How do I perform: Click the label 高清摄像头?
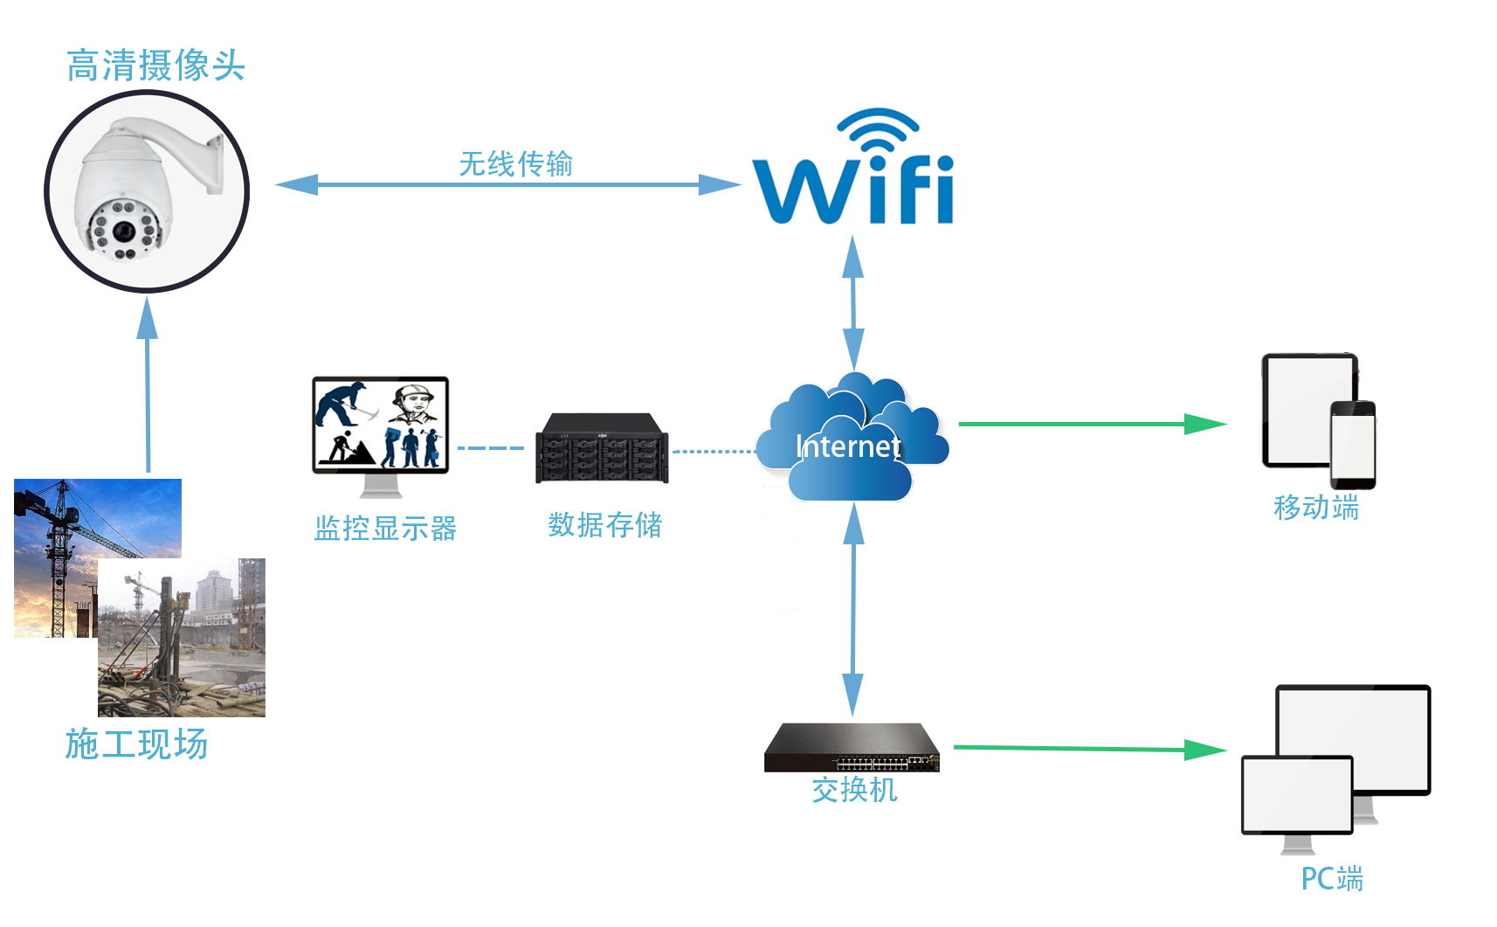coord(155,66)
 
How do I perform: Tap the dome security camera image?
coord(146,190)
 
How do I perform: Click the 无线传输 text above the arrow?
coord(515,163)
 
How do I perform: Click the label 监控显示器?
coord(385,528)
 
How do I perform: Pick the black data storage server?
coord(602,448)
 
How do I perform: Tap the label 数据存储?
coord(604,524)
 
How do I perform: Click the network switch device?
coord(852,748)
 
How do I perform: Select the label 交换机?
coord(854,790)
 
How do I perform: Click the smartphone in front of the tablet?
coord(1352,445)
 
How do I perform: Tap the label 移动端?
coord(1315,508)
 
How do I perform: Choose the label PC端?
coord(1332,878)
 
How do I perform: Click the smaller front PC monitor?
coord(1297,796)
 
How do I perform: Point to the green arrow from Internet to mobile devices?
coord(1092,425)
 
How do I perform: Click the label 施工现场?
coord(136,744)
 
